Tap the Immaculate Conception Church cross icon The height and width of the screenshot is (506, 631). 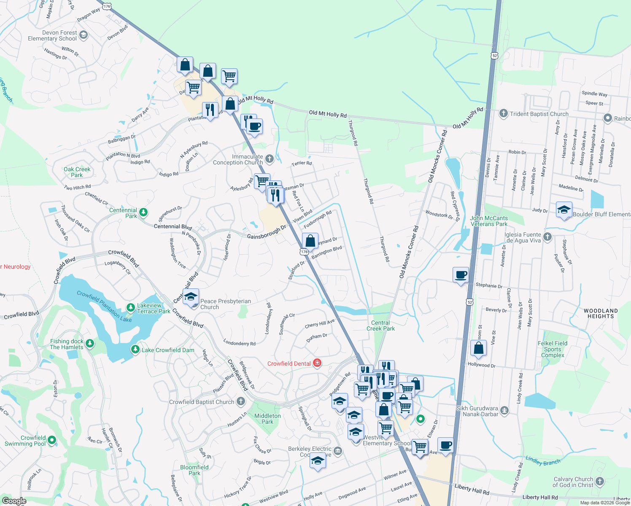[270, 159]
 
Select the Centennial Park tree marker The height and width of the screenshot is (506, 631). [143, 212]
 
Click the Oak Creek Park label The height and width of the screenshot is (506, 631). [77, 172]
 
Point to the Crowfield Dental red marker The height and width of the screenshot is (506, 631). [317, 363]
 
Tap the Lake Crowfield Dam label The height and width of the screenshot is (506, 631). [168, 350]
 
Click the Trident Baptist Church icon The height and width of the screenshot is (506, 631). [503, 113]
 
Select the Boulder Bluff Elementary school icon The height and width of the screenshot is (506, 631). [564, 210]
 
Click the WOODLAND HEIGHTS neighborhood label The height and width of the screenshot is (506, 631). [601, 313]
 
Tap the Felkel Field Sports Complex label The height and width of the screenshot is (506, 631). [553, 349]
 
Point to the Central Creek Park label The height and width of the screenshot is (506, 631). [380, 326]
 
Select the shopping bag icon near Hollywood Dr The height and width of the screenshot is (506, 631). [478, 349]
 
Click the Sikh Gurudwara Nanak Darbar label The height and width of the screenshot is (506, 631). [477, 411]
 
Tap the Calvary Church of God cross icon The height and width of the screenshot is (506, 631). [600, 481]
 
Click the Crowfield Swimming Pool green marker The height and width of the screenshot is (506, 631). [52, 440]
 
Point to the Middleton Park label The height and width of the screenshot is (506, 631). [267, 419]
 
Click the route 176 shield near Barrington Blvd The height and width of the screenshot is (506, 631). [305, 252]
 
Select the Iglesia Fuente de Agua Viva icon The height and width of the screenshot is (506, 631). [547, 237]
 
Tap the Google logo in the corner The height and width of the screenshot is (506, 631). [14, 501]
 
